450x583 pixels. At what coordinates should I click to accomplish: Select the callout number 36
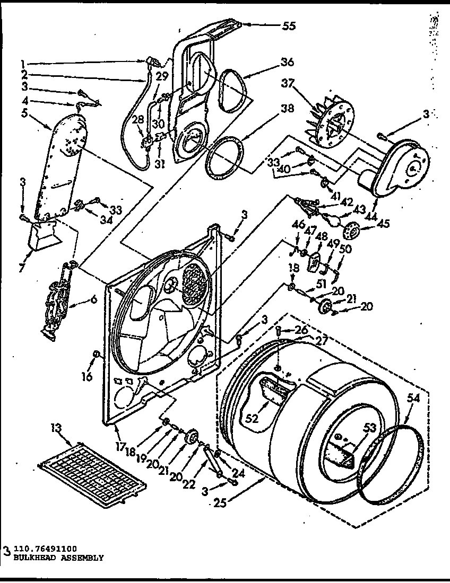[x=287, y=62]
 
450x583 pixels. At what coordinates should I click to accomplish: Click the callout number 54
[x=414, y=399]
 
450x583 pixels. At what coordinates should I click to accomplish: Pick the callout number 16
[x=88, y=377]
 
